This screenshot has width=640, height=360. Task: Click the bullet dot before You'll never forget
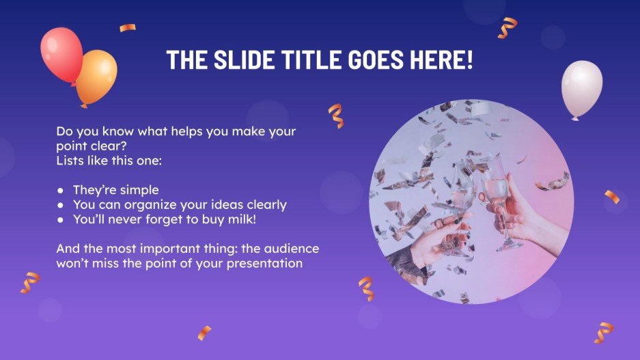pos(61,219)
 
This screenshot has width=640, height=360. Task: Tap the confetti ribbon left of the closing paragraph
pos(30,281)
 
